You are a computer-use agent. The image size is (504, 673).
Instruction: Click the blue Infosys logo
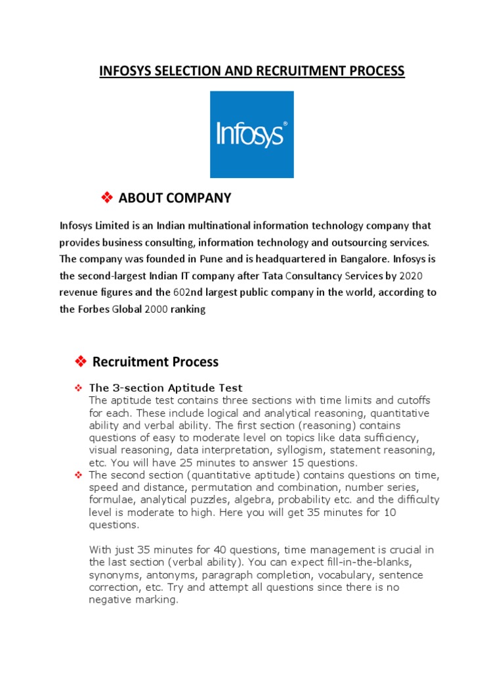point(251,134)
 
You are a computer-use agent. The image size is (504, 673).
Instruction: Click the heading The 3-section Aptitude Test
point(165,388)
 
